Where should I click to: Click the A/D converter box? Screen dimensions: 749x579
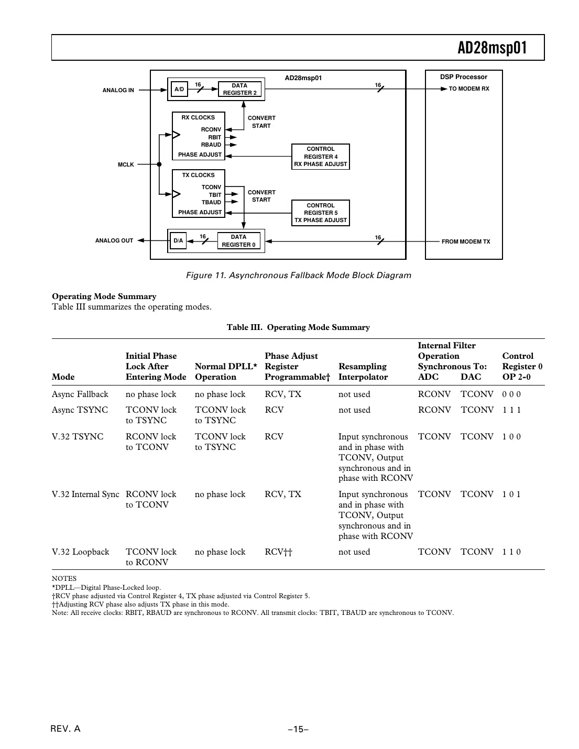click(179, 90)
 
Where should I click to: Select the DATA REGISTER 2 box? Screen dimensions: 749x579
click(239, 90)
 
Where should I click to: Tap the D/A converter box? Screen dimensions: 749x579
click(178, 241)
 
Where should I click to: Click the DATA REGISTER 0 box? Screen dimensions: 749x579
click(238, 241)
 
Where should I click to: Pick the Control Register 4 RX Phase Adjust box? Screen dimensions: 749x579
click(320, 157)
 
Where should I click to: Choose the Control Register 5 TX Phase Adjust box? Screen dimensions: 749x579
click(320, 213)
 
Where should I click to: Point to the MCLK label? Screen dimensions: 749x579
click(126, 164)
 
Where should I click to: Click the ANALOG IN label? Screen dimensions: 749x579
click(118, 90)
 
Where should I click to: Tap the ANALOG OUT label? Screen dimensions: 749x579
click(114, 241)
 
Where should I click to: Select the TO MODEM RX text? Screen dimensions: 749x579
click(468, 89)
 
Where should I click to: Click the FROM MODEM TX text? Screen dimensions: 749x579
click(466, 241)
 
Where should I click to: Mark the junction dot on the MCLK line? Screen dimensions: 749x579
click(159, 164)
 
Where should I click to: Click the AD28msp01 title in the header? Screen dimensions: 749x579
click(492, 48)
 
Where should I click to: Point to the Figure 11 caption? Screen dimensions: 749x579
click(298, 276)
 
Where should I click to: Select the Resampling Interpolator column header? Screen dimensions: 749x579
click(363, 371)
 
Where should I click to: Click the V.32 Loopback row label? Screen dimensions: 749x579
click(81, 552)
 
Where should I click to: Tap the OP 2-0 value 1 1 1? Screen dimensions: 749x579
click(511, 410)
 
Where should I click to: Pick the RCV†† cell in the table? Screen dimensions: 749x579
click(278, 552)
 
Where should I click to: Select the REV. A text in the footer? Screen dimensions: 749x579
click(65, 729)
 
